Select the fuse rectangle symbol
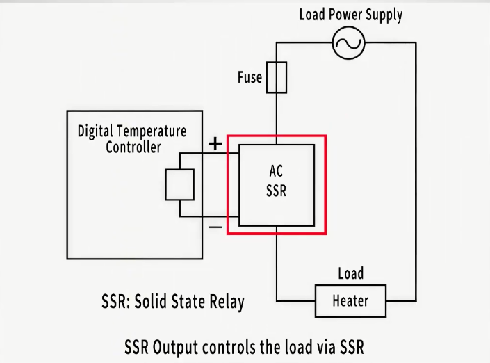click(277, 76)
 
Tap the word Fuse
click(250, 76)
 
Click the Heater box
click(350, 301)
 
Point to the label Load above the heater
click(350, 273)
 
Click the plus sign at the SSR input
click(216, 143)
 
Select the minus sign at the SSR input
click(216, 227)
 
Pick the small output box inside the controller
click(179, 184)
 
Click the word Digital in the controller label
click(95, 131)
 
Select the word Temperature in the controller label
click(152, 131)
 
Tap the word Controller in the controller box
click(133, 147)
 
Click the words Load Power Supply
click(350, 15)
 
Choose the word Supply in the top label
click(384, 15)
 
